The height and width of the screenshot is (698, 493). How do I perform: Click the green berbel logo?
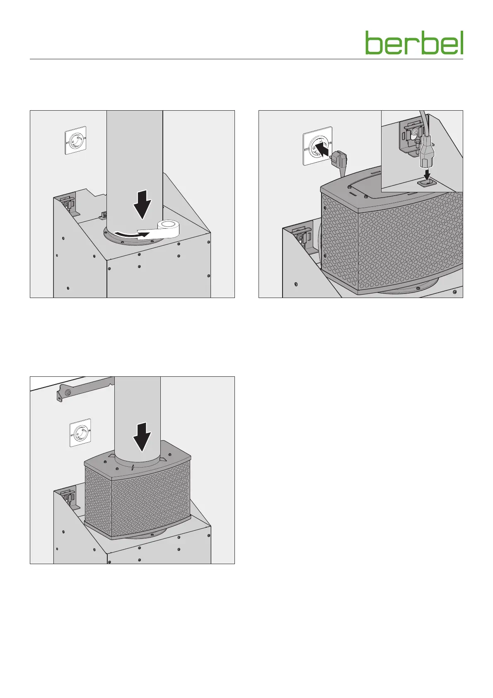414,43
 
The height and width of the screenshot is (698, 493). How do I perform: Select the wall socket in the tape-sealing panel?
75,140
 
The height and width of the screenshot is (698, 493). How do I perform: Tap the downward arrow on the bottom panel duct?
142,437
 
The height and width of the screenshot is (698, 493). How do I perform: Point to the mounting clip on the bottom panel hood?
70,498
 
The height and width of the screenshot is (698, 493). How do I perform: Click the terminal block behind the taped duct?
104,214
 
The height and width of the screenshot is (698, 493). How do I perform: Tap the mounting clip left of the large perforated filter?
302,236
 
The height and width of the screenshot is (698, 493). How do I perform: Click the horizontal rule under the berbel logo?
247,59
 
